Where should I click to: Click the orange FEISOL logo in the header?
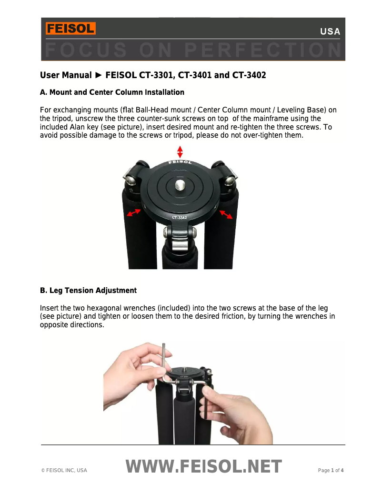point(70,29)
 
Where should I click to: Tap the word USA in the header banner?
point(330,32)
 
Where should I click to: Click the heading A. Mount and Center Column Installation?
point(112,92)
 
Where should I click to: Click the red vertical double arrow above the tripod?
point(180,152)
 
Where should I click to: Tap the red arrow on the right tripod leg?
point(226,214)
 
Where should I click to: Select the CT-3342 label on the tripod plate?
point(180,218)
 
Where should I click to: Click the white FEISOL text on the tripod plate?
point(180,163)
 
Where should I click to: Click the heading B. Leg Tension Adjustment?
point(88,291)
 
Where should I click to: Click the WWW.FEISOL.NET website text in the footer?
point(204,467)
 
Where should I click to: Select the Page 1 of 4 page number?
point(331,471)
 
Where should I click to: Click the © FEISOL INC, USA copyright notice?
point(64,471)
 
